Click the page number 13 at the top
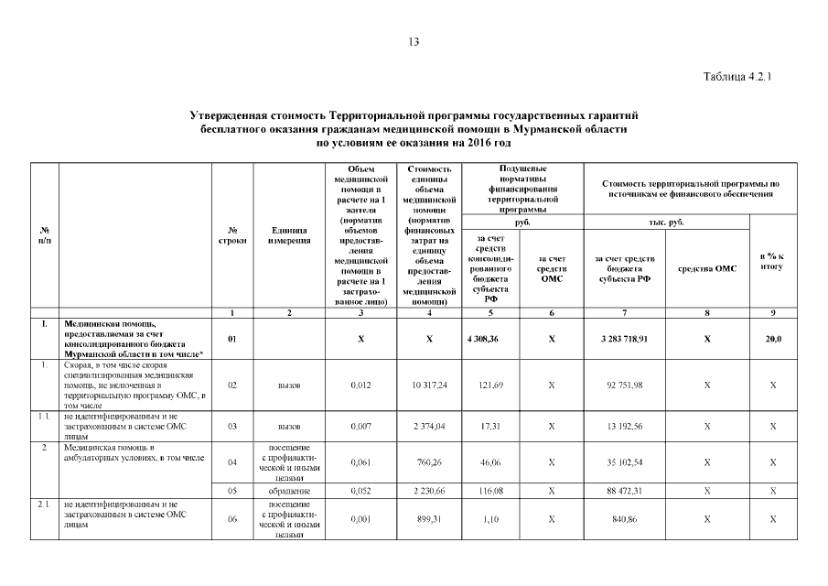tap(414, 42)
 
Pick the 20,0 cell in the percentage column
tap(773, 339)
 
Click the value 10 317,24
tap(429, 385)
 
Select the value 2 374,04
tap(429, 426)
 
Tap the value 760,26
tap(429, 462)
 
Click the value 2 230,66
tap(429, 492)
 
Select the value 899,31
tap(429, 519)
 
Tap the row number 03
tap(233, 426)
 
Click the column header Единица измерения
tap(289, 235)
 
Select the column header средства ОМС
tap(706, 268)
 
